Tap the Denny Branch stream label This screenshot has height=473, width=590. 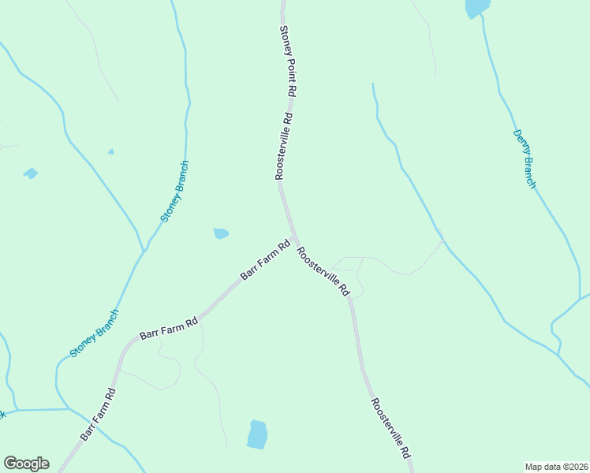click(x=525, y=159)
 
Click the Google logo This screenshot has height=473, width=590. click(x=26, y=464)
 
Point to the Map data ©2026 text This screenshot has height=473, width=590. click(x=556, y=466)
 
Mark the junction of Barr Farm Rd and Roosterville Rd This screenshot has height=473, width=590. click(x=294, y=238)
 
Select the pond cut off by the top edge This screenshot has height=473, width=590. click(x=477, y=8)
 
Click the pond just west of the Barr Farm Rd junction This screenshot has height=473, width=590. click(x=221, y=233)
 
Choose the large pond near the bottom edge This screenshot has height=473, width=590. click(x=257, y=434)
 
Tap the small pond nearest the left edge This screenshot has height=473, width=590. click(x=31, y=173)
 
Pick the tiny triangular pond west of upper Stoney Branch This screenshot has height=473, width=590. click(x=111, y=151)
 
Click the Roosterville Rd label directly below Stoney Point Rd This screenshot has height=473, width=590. click(x=285, y=146)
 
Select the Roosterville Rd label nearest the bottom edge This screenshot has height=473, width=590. click(x=390, y=428)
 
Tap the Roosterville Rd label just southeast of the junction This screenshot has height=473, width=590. click(x=323, y=270)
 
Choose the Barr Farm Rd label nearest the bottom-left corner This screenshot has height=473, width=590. click(x=98, y=414)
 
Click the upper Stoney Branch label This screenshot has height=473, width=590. click(x=175, y=191)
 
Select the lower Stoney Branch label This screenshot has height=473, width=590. click(x=95, y=333)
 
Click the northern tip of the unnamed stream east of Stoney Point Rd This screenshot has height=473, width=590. click(x=373, y=84)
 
